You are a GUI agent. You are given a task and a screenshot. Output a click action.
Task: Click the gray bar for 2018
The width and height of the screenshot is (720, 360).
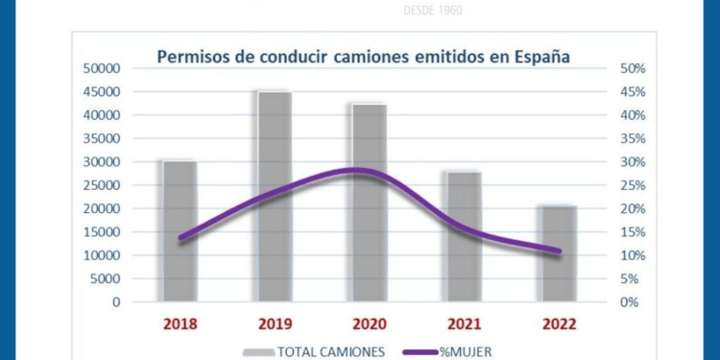(180, 230)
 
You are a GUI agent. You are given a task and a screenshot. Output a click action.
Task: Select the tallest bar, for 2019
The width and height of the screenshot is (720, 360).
(274, 196)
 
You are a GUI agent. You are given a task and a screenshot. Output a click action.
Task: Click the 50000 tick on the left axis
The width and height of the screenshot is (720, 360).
(101, 68)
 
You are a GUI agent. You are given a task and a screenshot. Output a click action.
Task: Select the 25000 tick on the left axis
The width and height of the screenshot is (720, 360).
(101, 185)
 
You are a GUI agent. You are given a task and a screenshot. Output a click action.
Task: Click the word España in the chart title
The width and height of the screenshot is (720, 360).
(540, 57)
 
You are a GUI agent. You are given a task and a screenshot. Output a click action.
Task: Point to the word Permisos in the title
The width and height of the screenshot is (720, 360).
(193, 57)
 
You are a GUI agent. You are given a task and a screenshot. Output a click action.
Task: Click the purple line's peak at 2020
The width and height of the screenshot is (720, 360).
(357, 171)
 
